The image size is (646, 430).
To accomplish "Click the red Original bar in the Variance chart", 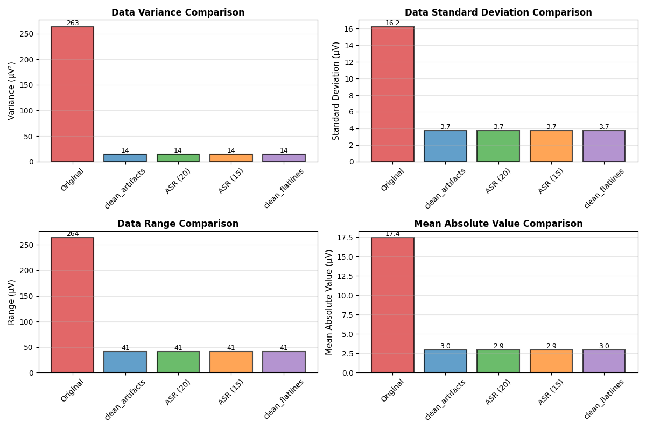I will tap(72, 94).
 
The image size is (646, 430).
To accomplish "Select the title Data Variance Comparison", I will tap(178, 12).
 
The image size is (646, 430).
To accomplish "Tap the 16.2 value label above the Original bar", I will tap(392, 23).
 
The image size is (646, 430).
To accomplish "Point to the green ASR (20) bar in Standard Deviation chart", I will tap(498, 146).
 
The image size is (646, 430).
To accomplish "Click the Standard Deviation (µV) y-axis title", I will tap(336, 91).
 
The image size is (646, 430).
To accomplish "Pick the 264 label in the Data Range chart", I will tap(72, 234).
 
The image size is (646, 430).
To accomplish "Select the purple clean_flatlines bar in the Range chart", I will tap(284, 362).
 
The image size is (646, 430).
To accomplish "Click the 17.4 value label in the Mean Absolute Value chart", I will tap(392, 234).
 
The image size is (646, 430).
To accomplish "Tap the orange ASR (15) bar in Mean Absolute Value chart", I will tap(551, 361).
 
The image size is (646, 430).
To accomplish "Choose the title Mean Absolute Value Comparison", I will tap(498, 224).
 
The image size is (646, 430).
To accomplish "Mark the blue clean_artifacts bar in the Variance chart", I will tap(125, 158).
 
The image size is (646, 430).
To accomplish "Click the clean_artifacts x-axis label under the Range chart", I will tap(125, 399).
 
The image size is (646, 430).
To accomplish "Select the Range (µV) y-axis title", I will tap(11, 302).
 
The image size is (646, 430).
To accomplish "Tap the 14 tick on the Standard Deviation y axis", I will tap(348, 45).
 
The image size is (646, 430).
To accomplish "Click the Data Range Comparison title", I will tap(178, 224).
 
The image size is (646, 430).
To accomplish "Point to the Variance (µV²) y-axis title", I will tap(11, 91).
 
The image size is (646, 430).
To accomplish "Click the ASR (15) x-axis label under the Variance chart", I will tap(231, 181).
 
